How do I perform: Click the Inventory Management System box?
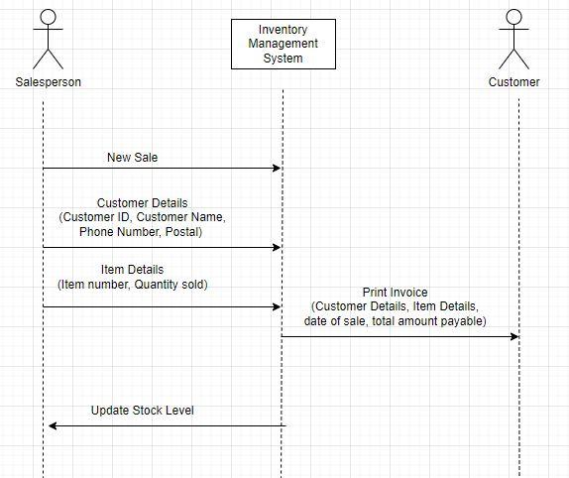(283, 44)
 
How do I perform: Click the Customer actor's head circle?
(513, 17)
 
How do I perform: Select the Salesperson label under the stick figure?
(49, 82)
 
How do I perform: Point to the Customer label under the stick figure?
(513, 82)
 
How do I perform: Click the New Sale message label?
(132, 157)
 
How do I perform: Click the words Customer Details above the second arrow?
(142, 203)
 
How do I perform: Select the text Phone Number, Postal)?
(141, 231)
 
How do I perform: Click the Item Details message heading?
(132, 270)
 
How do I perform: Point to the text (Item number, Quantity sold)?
(132, 285)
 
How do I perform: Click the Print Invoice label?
(395, 293)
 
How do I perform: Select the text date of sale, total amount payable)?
(395, 321)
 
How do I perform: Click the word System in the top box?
(283, 59)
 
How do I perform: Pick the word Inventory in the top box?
(283, 30)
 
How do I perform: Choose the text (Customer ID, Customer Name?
(142, 217)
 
